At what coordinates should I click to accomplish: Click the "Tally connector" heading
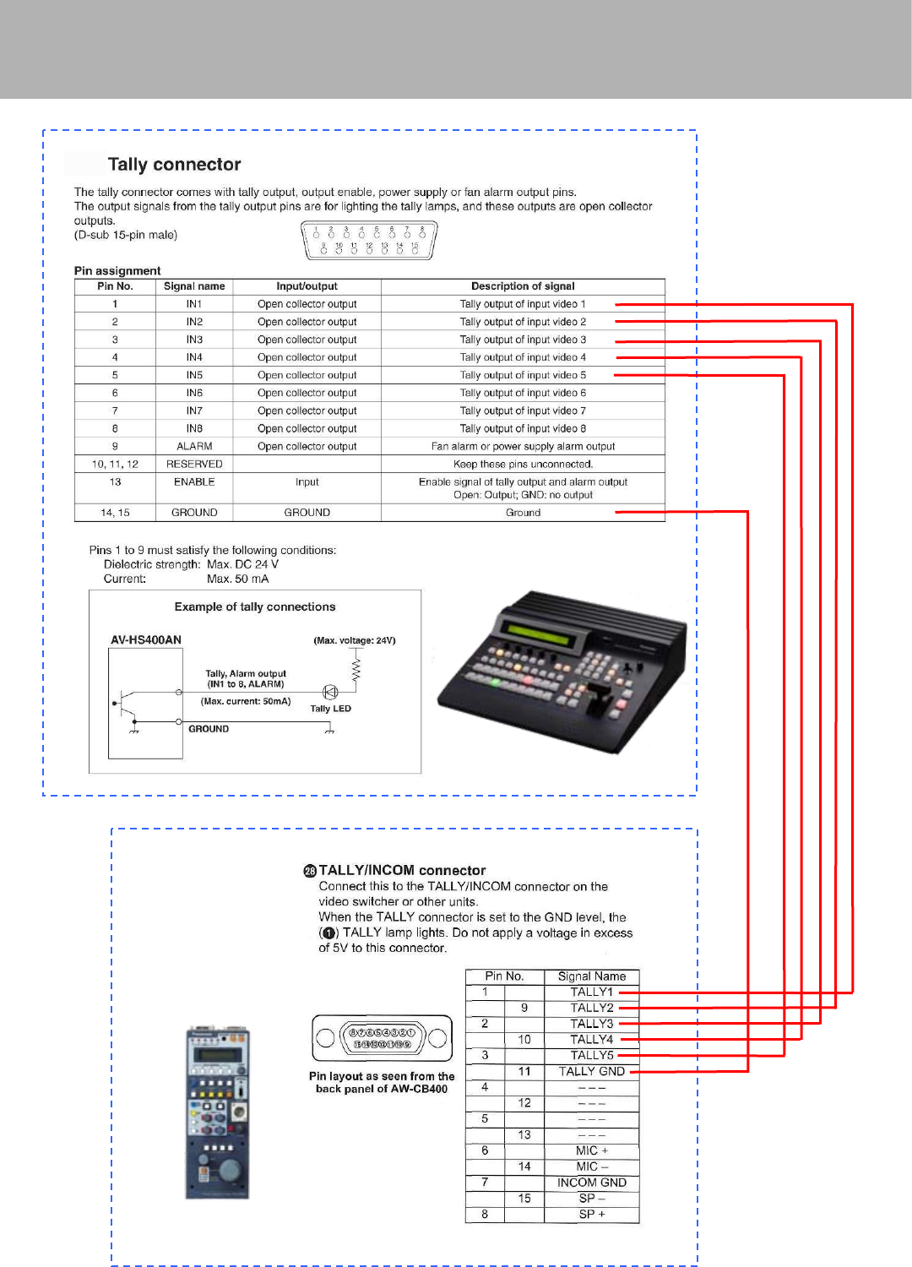(x=174, y=165)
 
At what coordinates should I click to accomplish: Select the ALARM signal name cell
(x=194, y=446)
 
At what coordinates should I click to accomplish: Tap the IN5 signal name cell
(x=194, y=375)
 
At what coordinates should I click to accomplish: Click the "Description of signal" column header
(x=523, y=286)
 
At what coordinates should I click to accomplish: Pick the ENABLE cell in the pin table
(x=194, y=482)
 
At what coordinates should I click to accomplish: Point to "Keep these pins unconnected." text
(x=523, y=465)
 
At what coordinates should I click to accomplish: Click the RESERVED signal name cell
(x=194, y=465)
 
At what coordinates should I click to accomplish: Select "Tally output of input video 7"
(x=523, y=411)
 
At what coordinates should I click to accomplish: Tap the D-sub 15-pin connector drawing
(x=369, y=240)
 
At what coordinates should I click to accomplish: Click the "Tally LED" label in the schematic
(x=330, y=709)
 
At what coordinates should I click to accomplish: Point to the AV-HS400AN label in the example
(x=146, y=640)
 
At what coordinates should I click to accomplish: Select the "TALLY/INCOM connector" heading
(x=402, y=870)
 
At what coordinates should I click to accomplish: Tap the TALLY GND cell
(x=591, y=1071)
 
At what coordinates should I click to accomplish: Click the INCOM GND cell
(x=591, y=1183)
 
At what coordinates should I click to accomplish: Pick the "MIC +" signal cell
(x=591, y=1150)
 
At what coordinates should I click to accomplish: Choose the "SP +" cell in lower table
(x=591, y=1214)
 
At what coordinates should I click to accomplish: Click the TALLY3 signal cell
(x=591, y=1024)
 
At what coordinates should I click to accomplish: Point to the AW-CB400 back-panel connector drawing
(x=382, y=1038)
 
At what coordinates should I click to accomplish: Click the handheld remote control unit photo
(x=217, y=1113)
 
